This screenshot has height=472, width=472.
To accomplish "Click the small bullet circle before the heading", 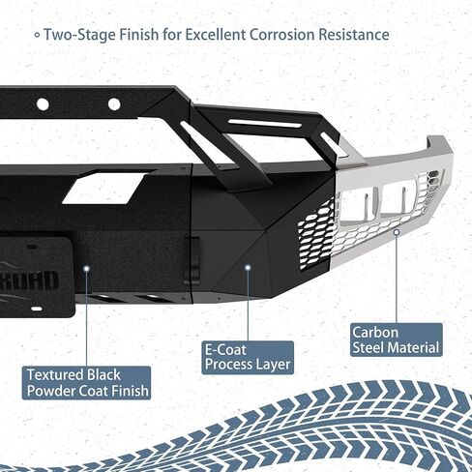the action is [x=38, y=35].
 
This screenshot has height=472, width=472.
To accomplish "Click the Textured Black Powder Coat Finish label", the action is [x=86, y=383].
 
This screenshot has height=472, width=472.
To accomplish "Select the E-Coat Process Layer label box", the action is [x=248, y=357].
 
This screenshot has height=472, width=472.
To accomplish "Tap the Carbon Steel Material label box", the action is [x=397, y=339].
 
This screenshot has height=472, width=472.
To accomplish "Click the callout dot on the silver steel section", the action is [x=397, y=232].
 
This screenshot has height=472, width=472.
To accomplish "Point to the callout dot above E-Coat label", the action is [x=248, y=267].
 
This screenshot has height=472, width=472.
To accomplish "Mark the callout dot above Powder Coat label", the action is [x=86, y=268].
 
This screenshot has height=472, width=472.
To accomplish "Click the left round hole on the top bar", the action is [x=43, y=104].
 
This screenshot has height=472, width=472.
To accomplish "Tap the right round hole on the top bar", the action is [x=114, y=103].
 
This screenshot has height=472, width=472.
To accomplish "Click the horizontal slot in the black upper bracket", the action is [x=264, y=124].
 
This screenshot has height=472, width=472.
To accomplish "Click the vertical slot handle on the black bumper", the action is [x=192, y=260].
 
